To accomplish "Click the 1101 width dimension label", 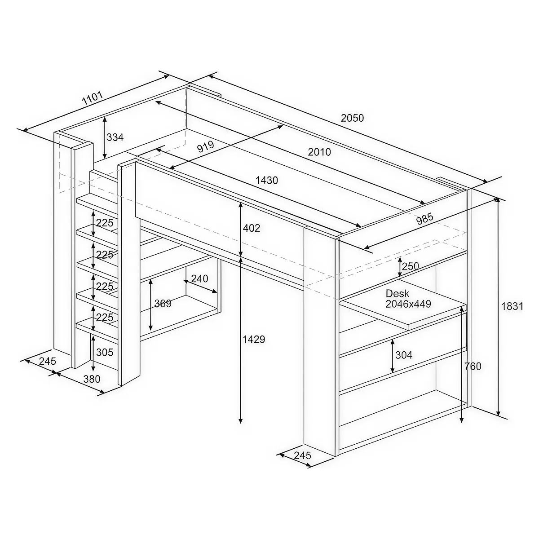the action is click(x=93, y=98).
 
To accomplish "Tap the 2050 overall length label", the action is click(x=352, y=118).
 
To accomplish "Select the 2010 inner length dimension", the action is click(x=319, y=152).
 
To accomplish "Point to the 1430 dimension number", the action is click(x=266, y=181).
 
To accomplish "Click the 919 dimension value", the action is click(x=206, y=146).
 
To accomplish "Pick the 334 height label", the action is click(x=115, y=137).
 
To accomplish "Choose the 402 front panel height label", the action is click(x=251, y=228).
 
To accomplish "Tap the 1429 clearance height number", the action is click(x=253, y=339).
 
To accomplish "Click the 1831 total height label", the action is click(x=512, y=306).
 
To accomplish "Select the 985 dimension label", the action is click(x=425, y=219).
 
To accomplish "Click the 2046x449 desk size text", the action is click(x=408, y=304).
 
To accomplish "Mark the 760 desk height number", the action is click(x=473, y=366).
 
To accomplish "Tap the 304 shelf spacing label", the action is click(x=404, y=355).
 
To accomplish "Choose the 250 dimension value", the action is click(x=411, y=266).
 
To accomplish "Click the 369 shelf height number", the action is click(x=163, y=303).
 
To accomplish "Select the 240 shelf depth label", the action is click(x=200, y=278).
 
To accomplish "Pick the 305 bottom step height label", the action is click(x=105, y=352).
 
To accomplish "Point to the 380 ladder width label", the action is click(x=92, y=379).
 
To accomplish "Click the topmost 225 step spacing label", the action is click(x=105, y=223).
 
